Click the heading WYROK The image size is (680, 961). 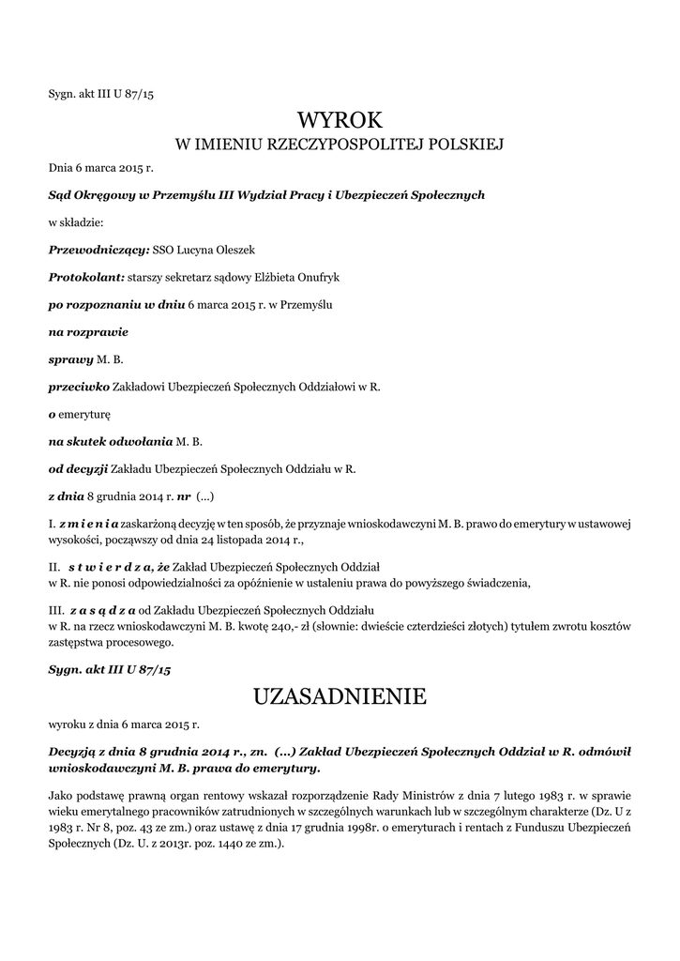pyautogui.click(x=340, y=120)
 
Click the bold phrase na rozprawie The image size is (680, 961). pyautogui.click(x=88, y=332)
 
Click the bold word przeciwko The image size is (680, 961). pyautogui.click(x=79, y=386)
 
